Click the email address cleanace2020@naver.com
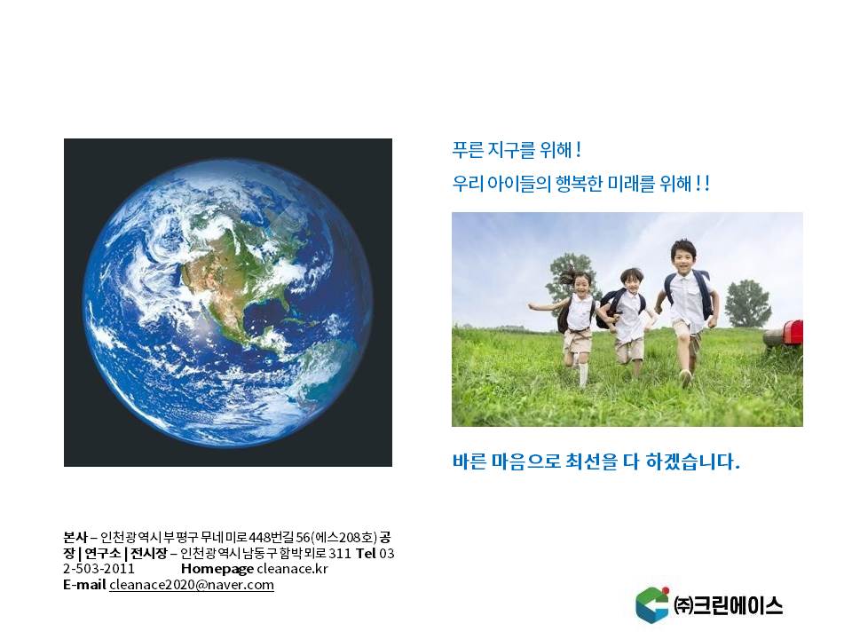(192, 585)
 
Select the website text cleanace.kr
(292, 569)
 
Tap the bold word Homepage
(217, 570)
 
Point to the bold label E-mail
(84, 585)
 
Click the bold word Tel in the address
(366, 553)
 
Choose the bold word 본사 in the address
(75, 538)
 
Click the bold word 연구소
(102, 553)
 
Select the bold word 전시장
(148, 553)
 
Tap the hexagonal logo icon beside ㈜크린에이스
(652, 604)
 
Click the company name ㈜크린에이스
(728, 605)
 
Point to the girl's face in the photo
(580, 285)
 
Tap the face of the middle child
(630, 281)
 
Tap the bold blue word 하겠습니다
(692, 461)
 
